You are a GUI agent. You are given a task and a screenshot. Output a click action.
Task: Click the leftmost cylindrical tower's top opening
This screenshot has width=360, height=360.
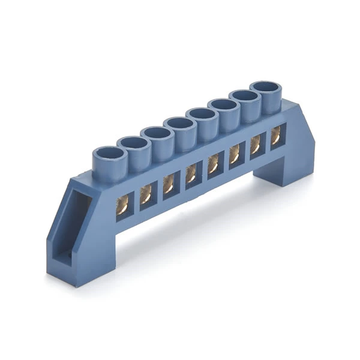(x=109, y=152)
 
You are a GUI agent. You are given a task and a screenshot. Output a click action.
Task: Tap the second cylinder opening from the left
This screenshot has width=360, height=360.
(x=133, y=143)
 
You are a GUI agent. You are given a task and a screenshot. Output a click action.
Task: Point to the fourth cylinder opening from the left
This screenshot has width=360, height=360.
(x=179, y=124)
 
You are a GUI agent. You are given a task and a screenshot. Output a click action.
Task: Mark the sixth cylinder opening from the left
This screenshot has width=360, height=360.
(x=223, y=105)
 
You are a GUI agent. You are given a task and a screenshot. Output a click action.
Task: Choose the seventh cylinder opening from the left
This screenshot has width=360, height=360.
(x=244, y=96)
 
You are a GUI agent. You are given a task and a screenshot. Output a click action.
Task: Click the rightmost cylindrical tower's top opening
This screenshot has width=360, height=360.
(x=265, y=88)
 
